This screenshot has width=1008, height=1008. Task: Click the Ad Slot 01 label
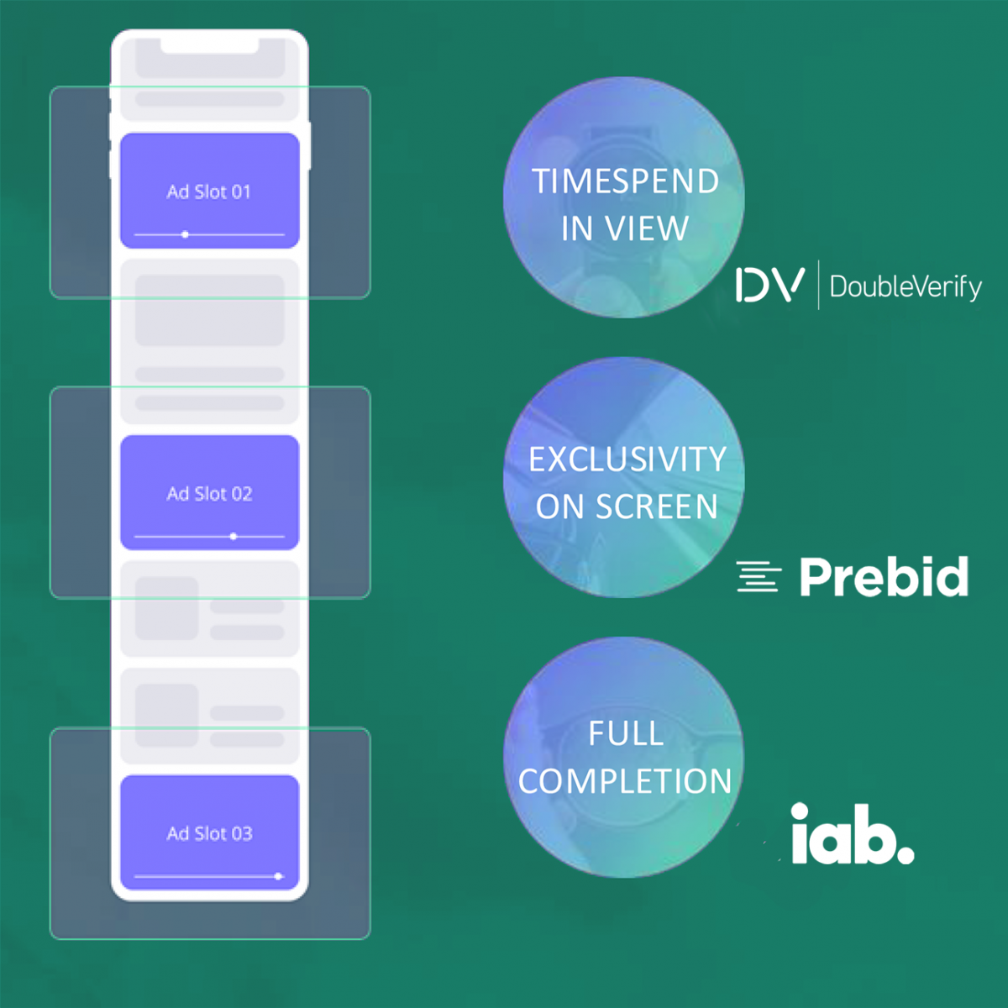click(x=208, y=192)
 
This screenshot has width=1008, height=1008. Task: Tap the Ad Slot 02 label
click(x=209, y=494)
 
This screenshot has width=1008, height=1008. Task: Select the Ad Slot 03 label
click(x=209, y=833)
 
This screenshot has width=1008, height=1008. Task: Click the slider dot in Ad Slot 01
click(x=185, y=235)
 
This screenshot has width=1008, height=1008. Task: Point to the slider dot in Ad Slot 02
click(x=234, y=536)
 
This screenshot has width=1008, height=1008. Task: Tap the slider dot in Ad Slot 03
click(x=278, y=876)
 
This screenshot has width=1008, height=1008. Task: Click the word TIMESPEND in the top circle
click(x=625, y=181)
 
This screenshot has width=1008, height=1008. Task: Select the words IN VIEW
click(x=625, y=228)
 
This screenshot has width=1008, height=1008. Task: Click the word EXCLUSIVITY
click(x=627, y=459)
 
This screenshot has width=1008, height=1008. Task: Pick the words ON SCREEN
click(x=626, y=507)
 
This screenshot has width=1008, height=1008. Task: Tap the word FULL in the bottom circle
click(x=626, y=732)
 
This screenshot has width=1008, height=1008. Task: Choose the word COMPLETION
click(x=625, y=781)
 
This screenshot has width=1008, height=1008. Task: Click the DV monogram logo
click(x=769, y=285)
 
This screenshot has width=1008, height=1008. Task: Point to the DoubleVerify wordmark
click(x=906, y=287)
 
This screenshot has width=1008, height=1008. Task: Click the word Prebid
click(x=884, y=576)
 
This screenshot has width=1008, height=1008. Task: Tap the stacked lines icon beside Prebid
click(x=759, y=576)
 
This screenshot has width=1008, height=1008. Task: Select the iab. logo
click(x=853, y=834)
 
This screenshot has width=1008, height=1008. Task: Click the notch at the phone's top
click(x=209, y=45)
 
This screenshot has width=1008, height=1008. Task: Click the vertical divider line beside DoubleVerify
click(x=818, y=285)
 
